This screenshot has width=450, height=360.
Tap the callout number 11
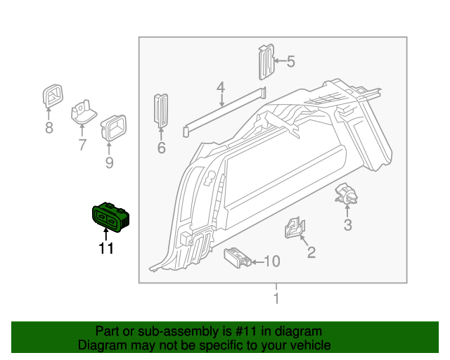click(105, 248)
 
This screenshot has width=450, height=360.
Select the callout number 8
click(49, 128)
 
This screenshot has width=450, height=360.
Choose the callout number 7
click(82, 146)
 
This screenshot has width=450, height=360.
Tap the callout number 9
click(109, 164)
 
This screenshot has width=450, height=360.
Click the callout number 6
click(161, 148)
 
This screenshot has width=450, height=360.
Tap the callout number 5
click(290, 62)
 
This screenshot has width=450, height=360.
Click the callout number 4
click(221, 89)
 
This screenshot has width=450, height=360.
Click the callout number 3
click(347, 225)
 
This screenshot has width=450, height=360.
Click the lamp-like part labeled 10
click(237, 257)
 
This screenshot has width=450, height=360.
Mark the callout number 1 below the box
click(276, 299)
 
